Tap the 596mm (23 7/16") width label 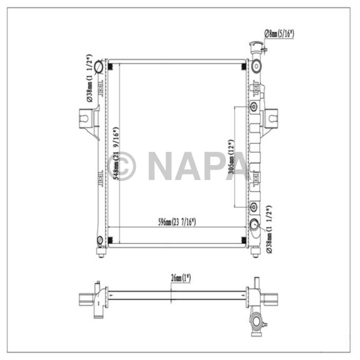point(177,222)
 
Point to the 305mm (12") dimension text point(230,158)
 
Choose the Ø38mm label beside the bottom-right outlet point(268,229)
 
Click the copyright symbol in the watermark point(122,165)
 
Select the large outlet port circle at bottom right point(255,226)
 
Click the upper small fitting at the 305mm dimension point(253,107)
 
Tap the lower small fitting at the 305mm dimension point(253,207)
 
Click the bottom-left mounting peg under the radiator point(101,252)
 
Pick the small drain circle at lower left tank point(100,239)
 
